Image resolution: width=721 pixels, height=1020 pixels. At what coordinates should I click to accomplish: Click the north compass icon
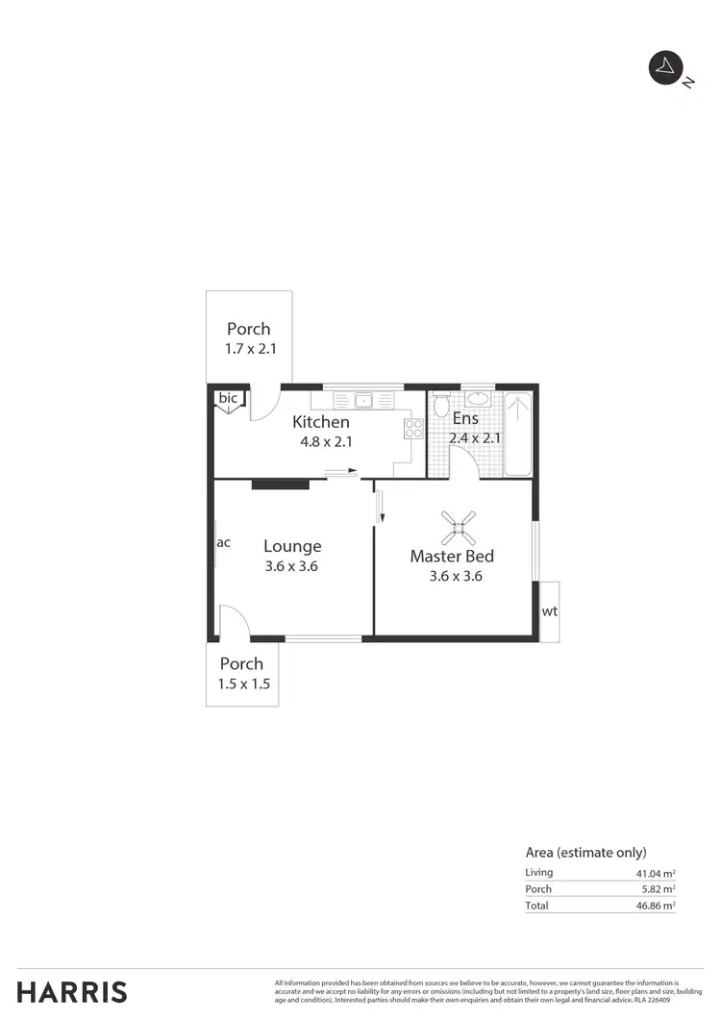pos(664,68)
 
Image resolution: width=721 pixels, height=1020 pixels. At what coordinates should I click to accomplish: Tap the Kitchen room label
pos(320,422)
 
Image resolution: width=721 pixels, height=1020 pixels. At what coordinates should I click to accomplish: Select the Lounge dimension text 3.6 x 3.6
pos(291,566)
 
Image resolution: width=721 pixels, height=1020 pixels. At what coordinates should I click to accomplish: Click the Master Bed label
pos(452,556)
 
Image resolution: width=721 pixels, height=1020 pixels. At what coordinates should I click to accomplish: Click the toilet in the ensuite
pos(441,405)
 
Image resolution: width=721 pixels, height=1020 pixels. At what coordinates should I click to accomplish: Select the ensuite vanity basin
pos(478,400)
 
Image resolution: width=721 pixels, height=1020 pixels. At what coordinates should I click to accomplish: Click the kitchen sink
pos(364,400)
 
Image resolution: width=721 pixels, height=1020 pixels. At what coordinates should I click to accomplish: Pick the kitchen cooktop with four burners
pos(413,429)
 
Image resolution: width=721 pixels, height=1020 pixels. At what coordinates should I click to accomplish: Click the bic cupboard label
pos(228,398)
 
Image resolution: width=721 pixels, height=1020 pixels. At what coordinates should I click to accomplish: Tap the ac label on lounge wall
pos(223,542)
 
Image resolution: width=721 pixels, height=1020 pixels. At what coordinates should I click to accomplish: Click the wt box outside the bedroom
pos(549,611)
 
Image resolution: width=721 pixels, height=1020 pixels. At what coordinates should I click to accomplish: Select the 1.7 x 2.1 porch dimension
pos(250,349)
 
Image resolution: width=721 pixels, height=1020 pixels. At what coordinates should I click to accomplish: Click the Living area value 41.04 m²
pos(655,872)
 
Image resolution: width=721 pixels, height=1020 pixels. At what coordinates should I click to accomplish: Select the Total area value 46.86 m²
pos(655,906)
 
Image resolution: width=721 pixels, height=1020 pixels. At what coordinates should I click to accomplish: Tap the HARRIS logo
pos(72,991)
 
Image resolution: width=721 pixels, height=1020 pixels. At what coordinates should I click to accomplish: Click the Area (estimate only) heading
pos(585,852)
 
